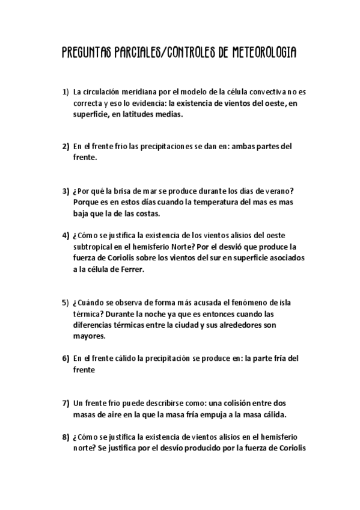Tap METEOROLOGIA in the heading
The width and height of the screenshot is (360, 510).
tap(261, 54)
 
